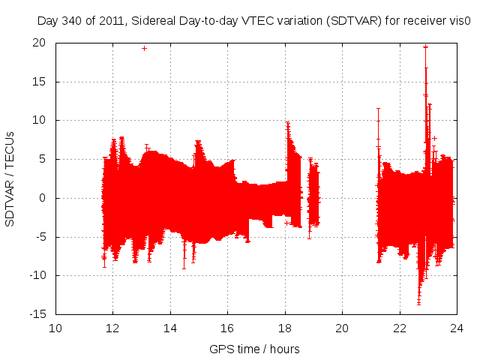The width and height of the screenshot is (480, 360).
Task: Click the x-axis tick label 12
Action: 113,328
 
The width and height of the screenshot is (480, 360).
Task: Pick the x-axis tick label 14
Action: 170,328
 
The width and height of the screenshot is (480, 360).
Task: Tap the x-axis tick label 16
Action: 227,328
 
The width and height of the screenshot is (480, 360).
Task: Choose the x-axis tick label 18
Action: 285,328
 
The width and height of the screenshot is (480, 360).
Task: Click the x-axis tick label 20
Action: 342,328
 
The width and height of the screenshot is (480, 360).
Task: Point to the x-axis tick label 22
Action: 399,328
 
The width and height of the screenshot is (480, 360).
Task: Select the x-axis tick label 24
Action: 456,328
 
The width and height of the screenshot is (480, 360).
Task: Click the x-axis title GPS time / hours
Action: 255,349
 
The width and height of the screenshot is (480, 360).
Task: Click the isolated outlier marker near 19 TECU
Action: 144,48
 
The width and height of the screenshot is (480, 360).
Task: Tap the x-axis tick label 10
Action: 56,328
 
